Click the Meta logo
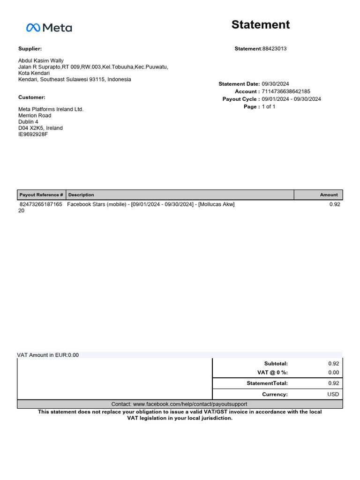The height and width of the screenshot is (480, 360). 49,28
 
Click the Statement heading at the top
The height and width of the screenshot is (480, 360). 261,25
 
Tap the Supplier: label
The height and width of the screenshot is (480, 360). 30,49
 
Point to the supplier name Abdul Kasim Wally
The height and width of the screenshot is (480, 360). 41,61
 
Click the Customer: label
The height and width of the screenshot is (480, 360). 32,97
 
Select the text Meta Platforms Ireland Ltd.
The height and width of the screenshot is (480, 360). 51,109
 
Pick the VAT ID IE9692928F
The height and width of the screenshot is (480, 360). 33,134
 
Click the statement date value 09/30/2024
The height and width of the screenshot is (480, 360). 275,84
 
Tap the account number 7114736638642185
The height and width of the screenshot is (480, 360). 286,91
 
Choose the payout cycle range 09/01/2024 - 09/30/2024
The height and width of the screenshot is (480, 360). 291,99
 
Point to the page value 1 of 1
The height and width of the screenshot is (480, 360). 269,107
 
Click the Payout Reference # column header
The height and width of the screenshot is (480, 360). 41,195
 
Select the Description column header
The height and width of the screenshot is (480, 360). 81,195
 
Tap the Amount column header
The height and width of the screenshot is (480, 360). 329,195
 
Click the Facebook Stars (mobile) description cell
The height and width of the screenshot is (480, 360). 150,204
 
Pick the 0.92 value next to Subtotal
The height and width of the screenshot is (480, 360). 333,363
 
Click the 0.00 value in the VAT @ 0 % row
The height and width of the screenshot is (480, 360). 333,373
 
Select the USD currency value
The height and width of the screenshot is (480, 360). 333,394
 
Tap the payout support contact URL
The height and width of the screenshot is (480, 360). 179,404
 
